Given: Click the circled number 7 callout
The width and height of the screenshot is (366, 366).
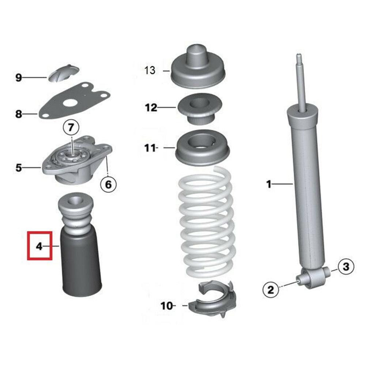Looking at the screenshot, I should (x=71, y=128).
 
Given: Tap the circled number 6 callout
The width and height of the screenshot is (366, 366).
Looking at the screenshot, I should (x=108, y=184).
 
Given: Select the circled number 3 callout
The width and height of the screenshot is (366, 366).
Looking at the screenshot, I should (x=346, y=267).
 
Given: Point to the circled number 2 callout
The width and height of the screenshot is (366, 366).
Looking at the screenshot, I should (x=271, y=290).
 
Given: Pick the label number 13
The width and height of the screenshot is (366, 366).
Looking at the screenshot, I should (x=150, y=70).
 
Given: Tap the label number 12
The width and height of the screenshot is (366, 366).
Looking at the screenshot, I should (x=151, y=107).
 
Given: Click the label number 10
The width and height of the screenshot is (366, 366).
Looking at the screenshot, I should (x=166, y=305).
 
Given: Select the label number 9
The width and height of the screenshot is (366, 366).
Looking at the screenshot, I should (x=19, y=78).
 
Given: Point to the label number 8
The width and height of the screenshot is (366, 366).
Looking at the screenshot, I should (x=19, y=114).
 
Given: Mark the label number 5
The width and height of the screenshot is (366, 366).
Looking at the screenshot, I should (x=19, y=168).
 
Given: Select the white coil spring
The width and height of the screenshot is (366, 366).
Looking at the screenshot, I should (x=205, y=227).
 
